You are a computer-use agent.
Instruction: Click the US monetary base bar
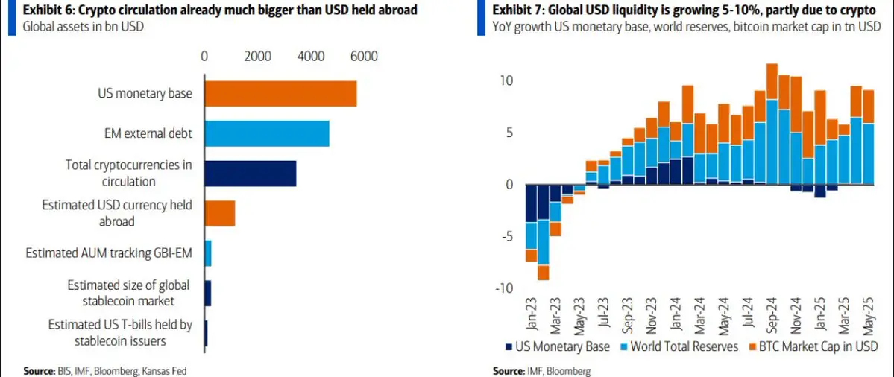click(x=280, y=93)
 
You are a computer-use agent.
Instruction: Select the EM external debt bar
click(x=266, y=133)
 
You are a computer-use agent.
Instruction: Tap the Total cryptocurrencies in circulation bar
click(x=250, y=173)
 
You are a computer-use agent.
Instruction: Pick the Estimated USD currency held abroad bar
click(x=219, y=213)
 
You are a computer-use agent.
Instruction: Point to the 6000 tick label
click(x=365, y=57)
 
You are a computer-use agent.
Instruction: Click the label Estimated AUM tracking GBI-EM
click(x=109, y=253)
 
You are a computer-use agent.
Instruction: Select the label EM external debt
click(x=148, y=133)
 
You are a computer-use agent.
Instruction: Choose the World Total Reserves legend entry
click(x=678, y=346)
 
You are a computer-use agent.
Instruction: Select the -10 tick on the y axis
click(x=505, y=288)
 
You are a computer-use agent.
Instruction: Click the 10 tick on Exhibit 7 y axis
click(x=507, y=80)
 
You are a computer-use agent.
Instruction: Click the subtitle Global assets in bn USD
click(x=83, y=27)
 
